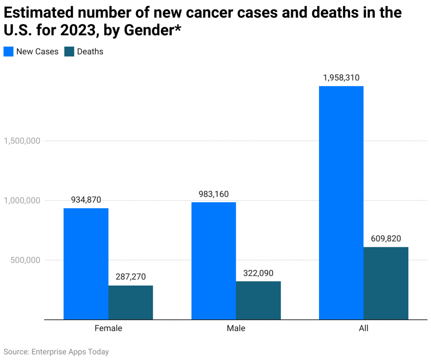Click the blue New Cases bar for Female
click(86, 264)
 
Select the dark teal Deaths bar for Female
click(130, 302)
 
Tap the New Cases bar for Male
click(213, 261)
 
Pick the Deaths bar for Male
click(258, 300)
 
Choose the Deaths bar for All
click(386, 283)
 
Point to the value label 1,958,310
click(341, 78)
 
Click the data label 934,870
click(86, 200)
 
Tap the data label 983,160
click(213, 194)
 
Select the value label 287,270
click(130, 277)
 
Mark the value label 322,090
click(258, 273)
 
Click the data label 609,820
click(386, 238)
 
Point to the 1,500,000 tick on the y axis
click(22, 141)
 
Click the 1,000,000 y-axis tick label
click(22, 201)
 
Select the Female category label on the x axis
click(108, 328)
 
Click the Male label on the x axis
click(236, 328)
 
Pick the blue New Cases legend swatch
click(8, 52)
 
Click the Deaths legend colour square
click(69, 52)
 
